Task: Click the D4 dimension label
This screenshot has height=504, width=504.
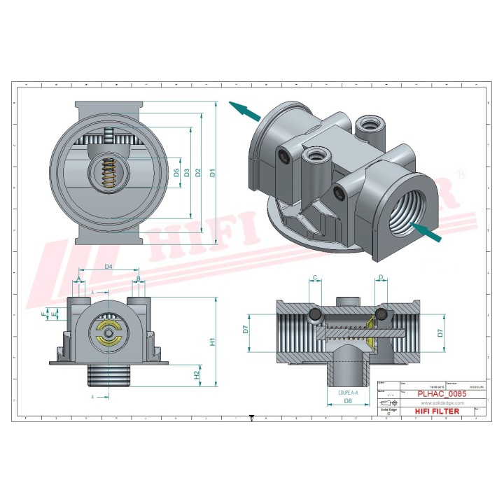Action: tap(108, 267)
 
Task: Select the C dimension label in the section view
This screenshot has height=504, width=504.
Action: tap(315, 279)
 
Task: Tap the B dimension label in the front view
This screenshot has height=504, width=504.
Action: tap(139, 279)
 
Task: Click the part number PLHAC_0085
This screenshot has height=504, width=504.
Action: tap(442, 394)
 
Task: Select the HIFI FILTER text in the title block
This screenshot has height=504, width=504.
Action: tap(437, 411)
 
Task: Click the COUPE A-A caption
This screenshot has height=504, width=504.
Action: tap(348, 393)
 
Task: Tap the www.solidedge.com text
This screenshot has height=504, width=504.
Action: tap(438, 403)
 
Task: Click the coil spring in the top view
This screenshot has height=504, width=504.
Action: tap(108, 173)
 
